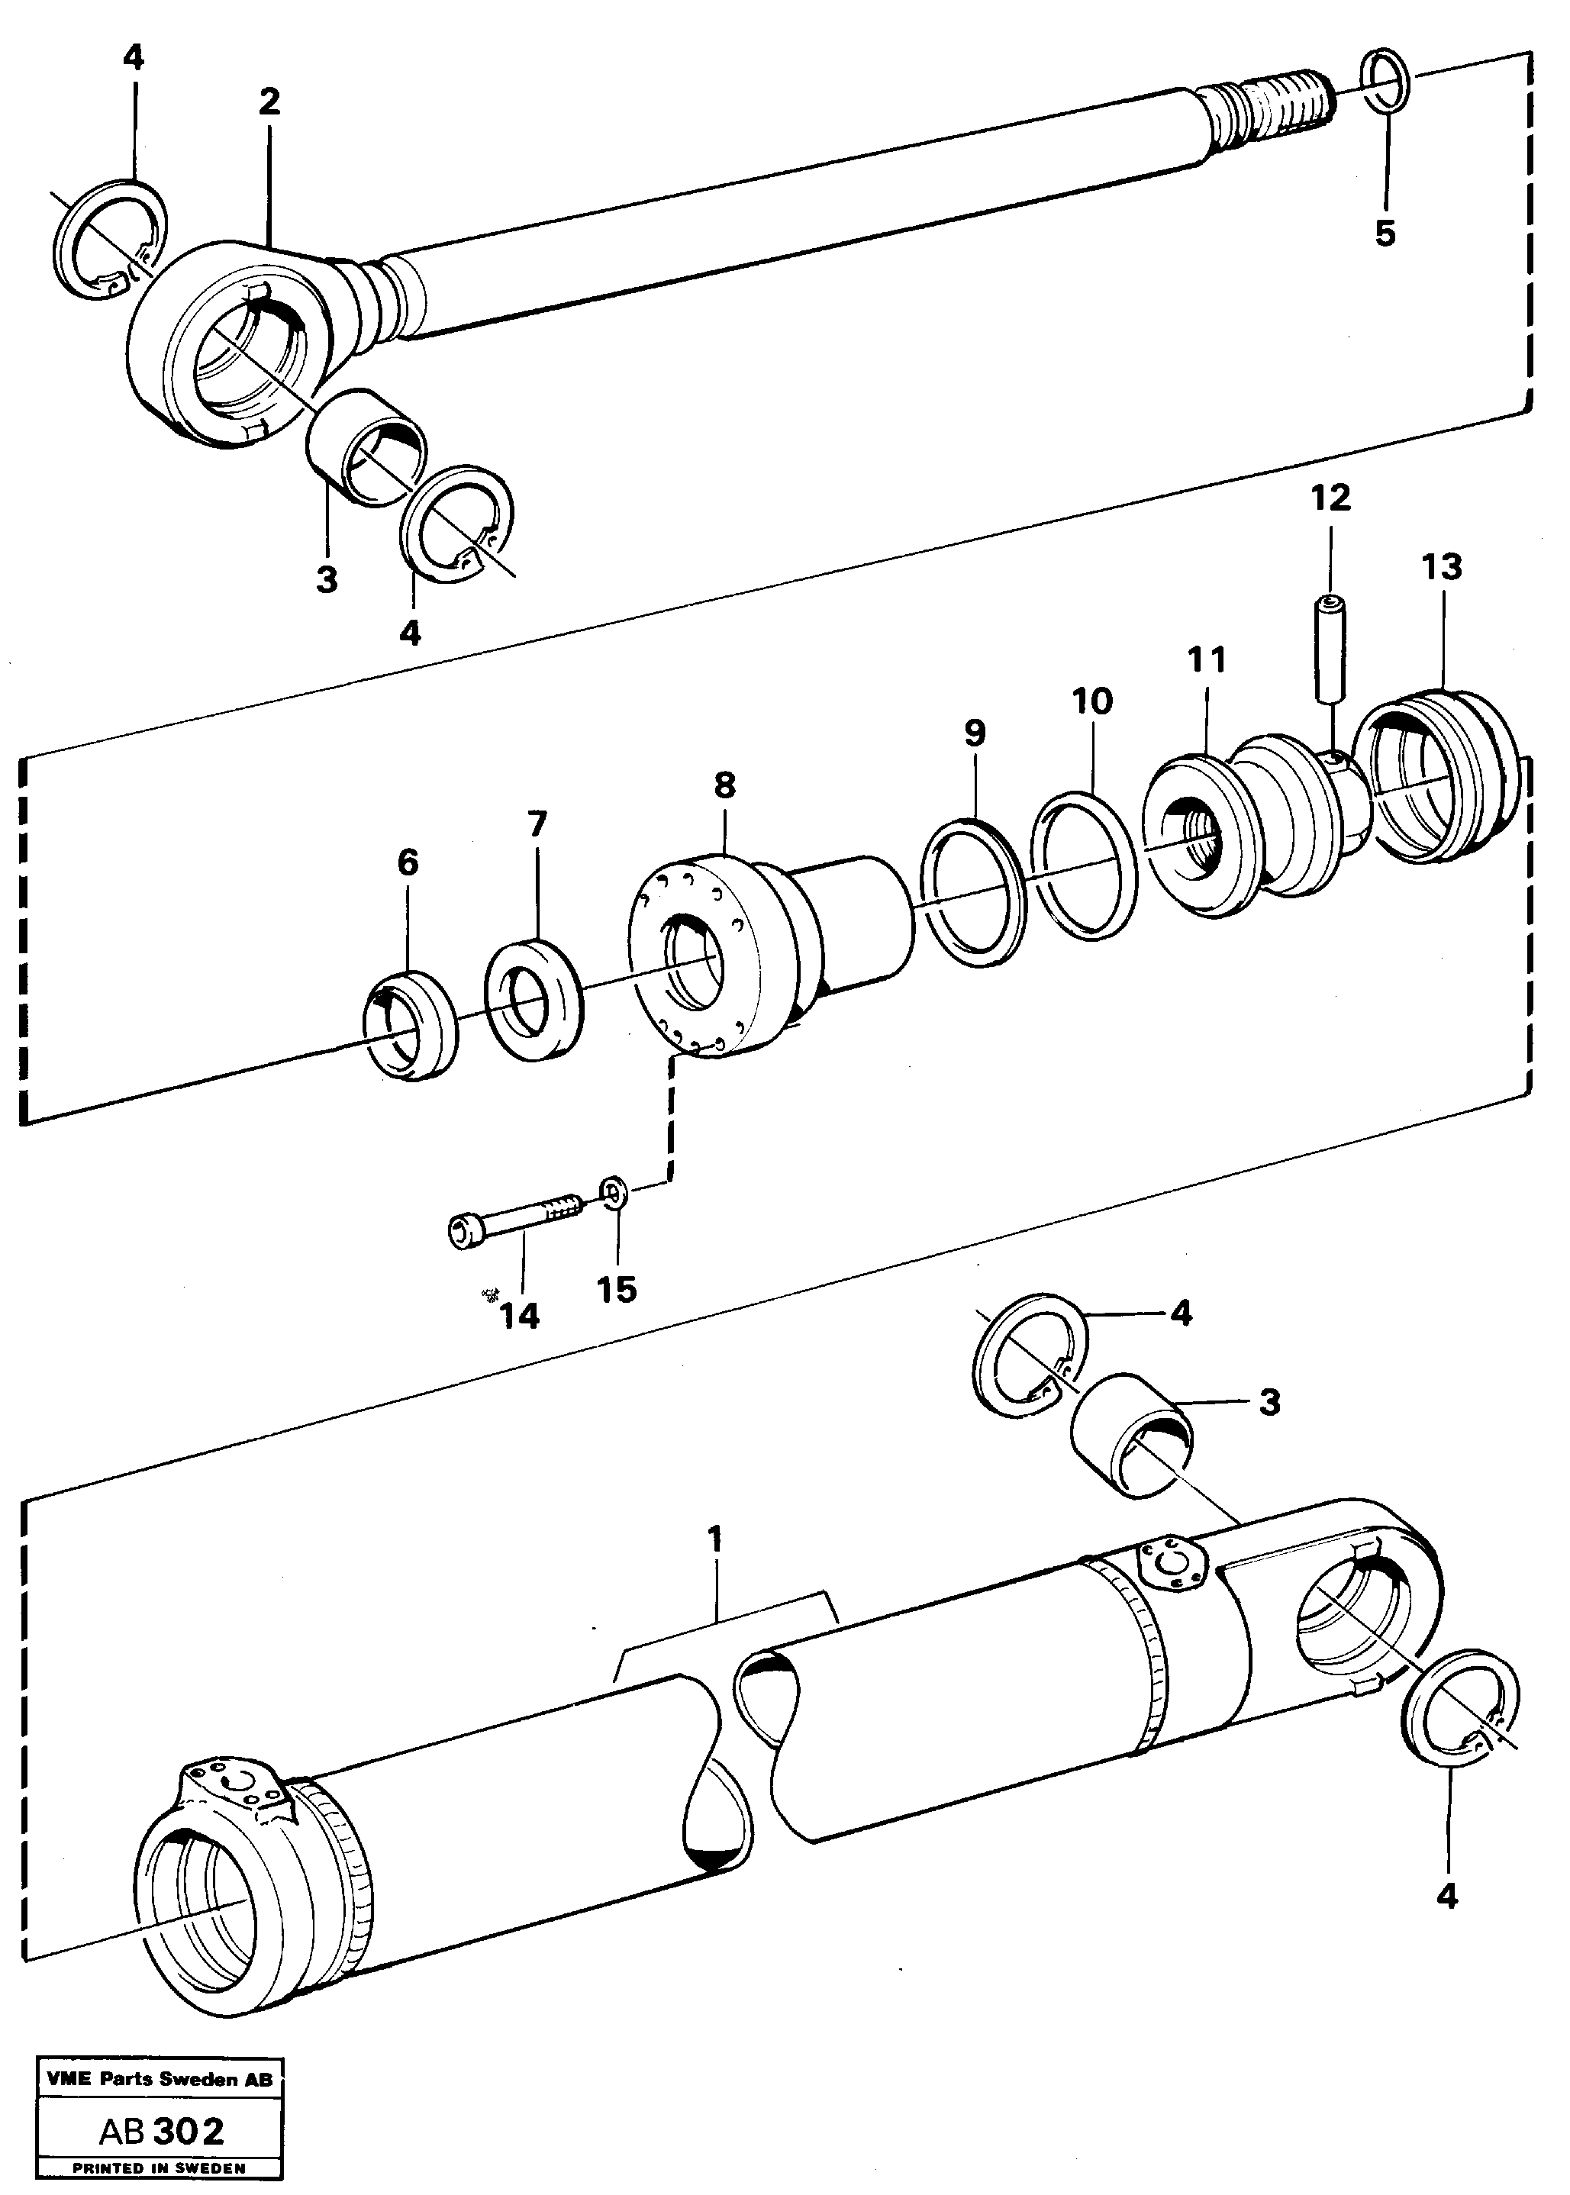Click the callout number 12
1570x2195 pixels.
point(1330,498)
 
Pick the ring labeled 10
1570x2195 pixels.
point(1084,864)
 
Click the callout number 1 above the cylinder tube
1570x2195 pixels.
point(714,1538)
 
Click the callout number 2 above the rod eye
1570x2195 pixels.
point(269,102)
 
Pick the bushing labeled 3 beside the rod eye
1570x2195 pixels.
point(366,447)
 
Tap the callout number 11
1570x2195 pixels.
point(1207,660)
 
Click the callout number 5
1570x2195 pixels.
point(1385,233)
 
